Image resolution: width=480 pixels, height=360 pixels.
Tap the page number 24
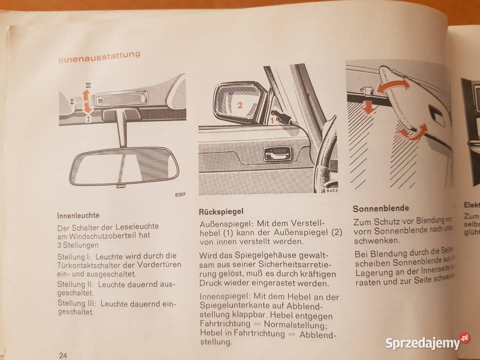pos(63,355)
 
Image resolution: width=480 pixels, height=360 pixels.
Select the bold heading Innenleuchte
pos(78,215)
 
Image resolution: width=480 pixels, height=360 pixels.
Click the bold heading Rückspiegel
pos(221,211)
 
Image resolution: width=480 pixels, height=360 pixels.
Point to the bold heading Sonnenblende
pos(381,208)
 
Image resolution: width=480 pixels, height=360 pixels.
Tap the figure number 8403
pos(328,191)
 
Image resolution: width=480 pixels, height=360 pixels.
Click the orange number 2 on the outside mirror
pos(239,105)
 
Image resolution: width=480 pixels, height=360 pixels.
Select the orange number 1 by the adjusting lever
pos(272,120)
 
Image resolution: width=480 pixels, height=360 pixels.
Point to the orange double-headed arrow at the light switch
pos(86,101)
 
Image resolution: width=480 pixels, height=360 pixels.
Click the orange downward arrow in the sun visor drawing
pos(368,107)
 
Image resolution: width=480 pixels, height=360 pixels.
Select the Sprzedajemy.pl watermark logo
pos(428,343)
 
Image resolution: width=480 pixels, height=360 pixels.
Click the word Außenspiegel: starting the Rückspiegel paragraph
pos(222,224)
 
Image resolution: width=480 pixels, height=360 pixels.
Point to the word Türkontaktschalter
pos(95,264)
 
